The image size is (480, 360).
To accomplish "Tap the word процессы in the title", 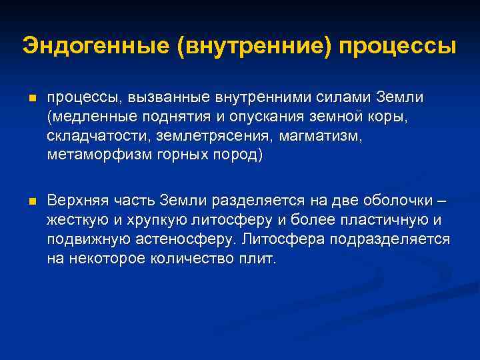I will pyautogui.click(x=399, y=47).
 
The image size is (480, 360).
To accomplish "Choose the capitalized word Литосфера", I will pyautogui.click(x=281, y=239).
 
